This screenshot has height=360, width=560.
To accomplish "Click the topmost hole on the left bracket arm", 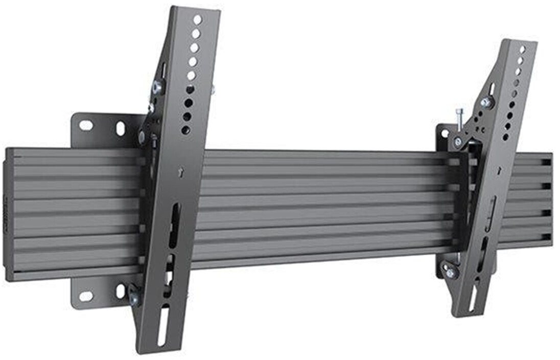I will pos(197,19).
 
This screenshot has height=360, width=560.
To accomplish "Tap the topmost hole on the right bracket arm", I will pos(522,50).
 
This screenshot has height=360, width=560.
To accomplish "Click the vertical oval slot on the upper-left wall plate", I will pos(121,128).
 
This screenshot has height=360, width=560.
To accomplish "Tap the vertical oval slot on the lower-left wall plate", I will pos(121,291).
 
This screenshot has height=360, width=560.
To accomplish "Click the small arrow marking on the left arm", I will pos(180,173).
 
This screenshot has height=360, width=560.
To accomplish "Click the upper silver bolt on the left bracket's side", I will pos(157,87).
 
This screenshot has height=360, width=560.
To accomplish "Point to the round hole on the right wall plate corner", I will pos(444,133).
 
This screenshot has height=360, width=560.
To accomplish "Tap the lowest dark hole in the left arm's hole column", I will pos(186,130).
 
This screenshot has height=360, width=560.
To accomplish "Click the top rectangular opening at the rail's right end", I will pos(545,163).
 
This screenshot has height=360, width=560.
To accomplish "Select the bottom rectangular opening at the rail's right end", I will pos(545,237).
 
